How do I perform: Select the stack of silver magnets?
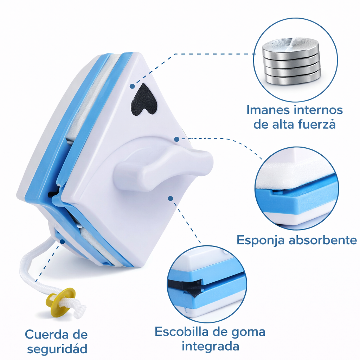pyautogui.click(x=291, y=61)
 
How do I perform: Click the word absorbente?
pyautogui.click(x=323, y=240)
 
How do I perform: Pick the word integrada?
pyautogui.click(x=210, y=347)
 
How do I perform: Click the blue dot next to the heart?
pyautogui.click(x=132, y=86)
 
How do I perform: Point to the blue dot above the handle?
pyautogui.click(x=176, y=139)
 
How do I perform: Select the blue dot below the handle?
pyautogui.click(x=171, y=198)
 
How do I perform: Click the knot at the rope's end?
pyautogui.click(x=79, y=311)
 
